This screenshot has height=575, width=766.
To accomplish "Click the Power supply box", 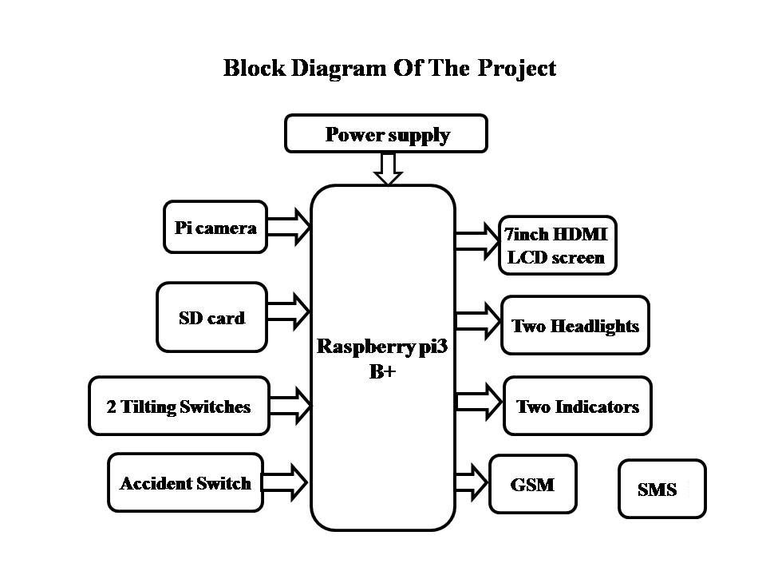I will point(386,133).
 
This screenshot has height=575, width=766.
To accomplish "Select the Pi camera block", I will point(215,228).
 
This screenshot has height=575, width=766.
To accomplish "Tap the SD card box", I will point(211,317).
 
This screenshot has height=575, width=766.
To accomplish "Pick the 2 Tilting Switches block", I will point(179,406).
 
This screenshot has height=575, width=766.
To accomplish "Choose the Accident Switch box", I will point(185,482).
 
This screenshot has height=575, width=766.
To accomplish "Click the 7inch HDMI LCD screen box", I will point(557,245).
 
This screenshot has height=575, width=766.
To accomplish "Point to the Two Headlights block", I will point(574,325).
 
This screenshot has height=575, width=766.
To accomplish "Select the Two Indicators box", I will point(578,406).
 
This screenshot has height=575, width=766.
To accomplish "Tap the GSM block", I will point(532,484).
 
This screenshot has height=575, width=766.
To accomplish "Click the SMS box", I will point(661,489).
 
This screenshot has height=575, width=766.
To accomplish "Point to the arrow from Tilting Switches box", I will point(290,405).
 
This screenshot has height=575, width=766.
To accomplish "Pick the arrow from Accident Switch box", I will point(286,481).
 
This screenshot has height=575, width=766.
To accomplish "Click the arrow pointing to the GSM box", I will point(472,481).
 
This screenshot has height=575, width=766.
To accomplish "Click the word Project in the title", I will point(516,68).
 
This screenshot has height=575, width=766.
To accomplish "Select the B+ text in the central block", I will point(382,371).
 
